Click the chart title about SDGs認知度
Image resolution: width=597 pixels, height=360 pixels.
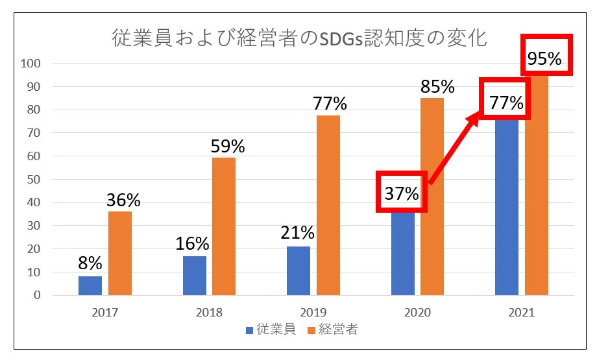[299, 38]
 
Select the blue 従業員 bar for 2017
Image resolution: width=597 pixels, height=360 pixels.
[90, 285]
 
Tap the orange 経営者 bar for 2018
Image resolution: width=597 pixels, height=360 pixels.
[224, 226]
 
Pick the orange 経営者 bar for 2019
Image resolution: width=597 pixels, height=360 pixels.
[328, 205]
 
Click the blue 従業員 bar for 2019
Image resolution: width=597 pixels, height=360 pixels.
[298, 270]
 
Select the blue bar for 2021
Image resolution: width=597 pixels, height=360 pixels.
[507, 208]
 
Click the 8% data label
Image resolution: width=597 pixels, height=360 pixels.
[90, 263]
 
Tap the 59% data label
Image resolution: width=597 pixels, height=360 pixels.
[228, 147]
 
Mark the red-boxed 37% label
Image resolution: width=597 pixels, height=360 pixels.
[402, 192]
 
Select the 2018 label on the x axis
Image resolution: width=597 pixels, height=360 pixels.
[209, 313]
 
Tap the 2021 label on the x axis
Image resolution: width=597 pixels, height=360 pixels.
[521, 313]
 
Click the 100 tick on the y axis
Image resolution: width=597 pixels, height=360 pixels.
[30, 64]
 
